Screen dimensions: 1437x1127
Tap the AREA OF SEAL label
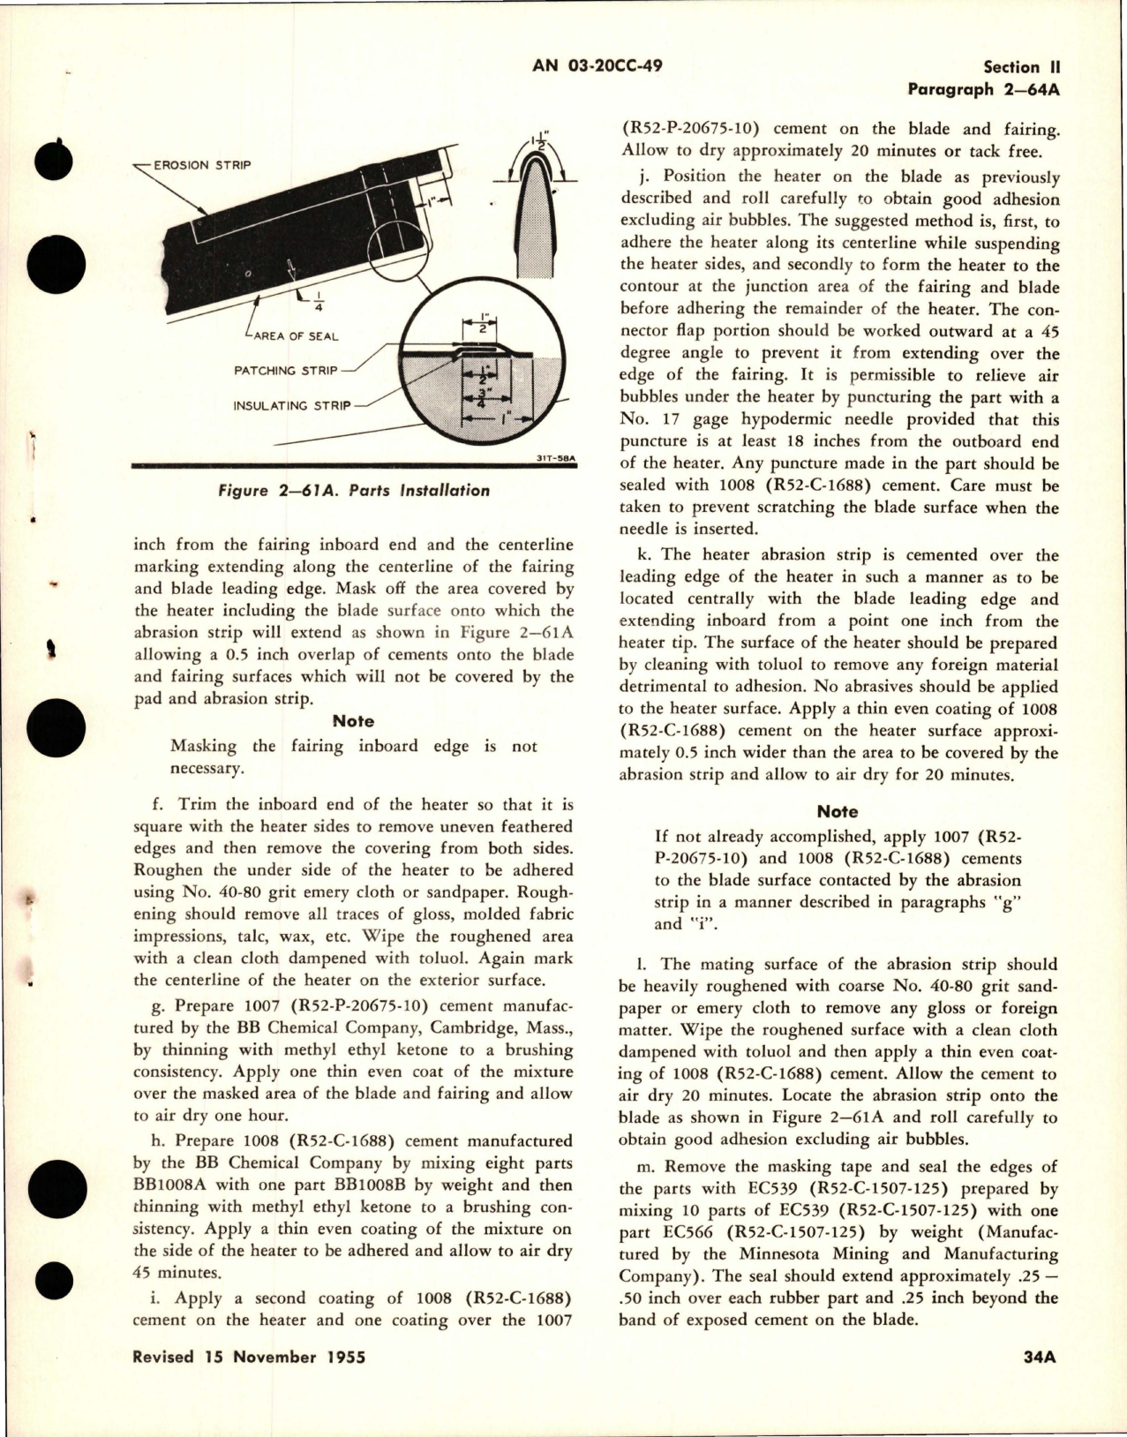pos(296,335)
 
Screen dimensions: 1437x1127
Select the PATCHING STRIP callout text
pos(285,371)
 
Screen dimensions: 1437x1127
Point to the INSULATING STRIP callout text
pos(291,406)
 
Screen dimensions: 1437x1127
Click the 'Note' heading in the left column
pos(353,721)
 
